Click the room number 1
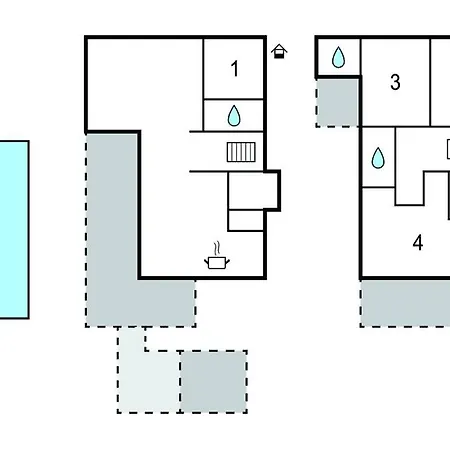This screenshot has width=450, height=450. pyautogui.click(x=235, y=69)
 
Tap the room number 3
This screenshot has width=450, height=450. pyautogui.click(x=395, y=82)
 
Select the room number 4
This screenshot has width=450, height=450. pyautogui.click(x=418, y=243)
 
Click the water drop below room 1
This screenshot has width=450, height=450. pyautogui.click(x=234, y=116)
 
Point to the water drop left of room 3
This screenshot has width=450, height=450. pyautogui.click(x=338, y=57)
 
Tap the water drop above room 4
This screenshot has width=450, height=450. pyautogui.click(x=378, y=157)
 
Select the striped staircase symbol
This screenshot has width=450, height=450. pyautogui.click(x=241, y=152)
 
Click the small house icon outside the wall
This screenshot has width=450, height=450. pyautogui.click(x=279, y=51)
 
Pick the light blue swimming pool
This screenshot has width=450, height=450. pyautogui.click(x=14, y=230)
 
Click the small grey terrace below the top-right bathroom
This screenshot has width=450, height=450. pyautogui.click(x=337, y=103)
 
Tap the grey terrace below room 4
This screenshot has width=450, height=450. pyautogui.click(x=405, y=303)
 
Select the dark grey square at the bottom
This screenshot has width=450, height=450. pyautogui.click(x=213, y=382)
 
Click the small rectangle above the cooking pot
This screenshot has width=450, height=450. pyautogui.click(x=246, y=221)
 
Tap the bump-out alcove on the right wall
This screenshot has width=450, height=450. pyautogui.click(x=272, y=191)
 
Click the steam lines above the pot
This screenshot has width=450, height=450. pyautogui.click(x=217, y=249)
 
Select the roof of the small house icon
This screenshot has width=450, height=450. pyautogui.click(x=279, y=48)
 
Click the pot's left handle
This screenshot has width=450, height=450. pyautogui.click(x=206, y=261)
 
